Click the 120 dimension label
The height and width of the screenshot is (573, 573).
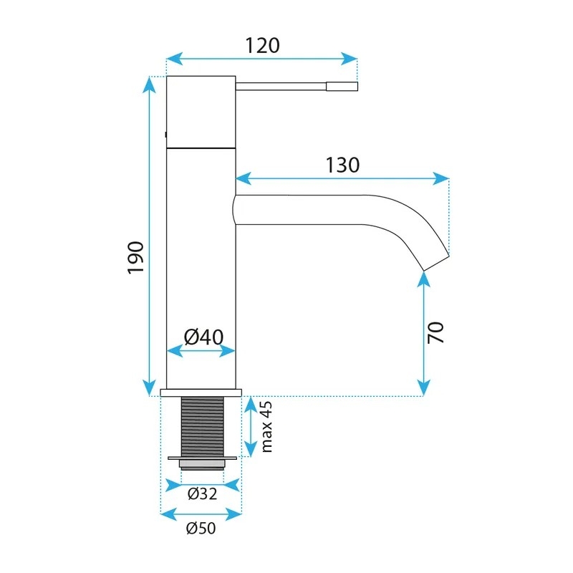pos(262,46)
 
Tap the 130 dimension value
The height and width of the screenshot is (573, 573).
pos(342,165)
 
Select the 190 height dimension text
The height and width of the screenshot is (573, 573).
pos(136,257)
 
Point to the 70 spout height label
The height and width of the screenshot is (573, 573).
pos(435,332)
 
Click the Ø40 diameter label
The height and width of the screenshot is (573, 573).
pos(203,337)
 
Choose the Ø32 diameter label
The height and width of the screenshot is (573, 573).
pos(203,493)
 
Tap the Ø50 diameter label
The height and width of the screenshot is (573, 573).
pos(201,529)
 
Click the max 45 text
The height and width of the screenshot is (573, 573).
pos(266,427)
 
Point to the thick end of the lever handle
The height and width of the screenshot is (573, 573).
pos(342,87)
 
